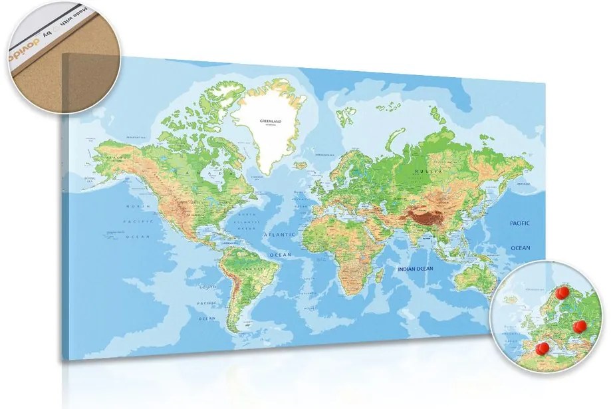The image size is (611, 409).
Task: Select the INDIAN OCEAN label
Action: [415, 269]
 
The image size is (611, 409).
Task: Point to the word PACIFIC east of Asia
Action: [521, 223]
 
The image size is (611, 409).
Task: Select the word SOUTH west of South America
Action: [210, 287]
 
